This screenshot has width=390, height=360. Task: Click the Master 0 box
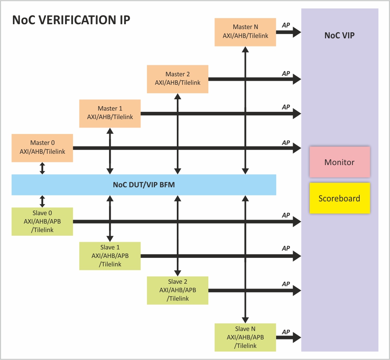tap(42, 148)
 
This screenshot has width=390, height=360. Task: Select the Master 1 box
tap(110, 113)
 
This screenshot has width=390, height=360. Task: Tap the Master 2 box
tap(178, 79)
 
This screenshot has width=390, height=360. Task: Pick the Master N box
tap(245, 31)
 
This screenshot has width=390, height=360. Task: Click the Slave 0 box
tap(42, 221)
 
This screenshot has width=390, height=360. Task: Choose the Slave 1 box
tap(110, 255)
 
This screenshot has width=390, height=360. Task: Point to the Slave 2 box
tap(178, 290)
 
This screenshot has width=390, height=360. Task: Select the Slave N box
tap(245, 337)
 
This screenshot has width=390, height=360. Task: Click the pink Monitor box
tap(340, 162)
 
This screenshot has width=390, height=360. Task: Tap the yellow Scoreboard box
tap(340, 198)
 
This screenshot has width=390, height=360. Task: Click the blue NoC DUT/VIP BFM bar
tap(144, 185)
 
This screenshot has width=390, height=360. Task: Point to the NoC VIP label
tap(340, 35)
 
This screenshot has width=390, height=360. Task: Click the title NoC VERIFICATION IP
tap(71, 20)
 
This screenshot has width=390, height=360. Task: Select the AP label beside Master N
tap(286, 25)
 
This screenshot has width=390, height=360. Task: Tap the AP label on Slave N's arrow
tap(286, 332)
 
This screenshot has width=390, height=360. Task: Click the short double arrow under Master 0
tap(42, 168)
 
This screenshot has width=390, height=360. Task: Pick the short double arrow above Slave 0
tap(42, 201)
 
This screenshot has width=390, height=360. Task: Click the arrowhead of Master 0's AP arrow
tap(297, 148)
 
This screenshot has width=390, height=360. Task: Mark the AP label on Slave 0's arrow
tap(286, 216)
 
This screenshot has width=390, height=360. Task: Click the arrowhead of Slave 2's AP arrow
tap(297, 290)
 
